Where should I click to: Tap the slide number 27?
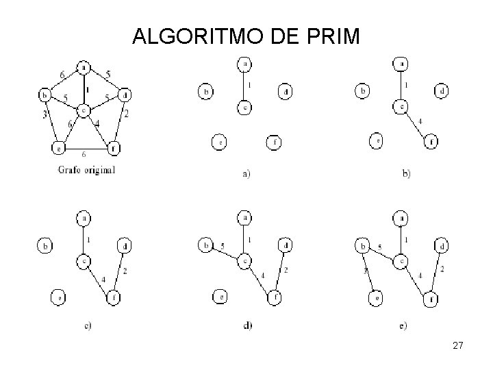tap(458, 347)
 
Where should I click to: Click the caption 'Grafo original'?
tap(87, 169)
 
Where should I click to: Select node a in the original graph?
tap(83, 67)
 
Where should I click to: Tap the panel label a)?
tap(246, 174)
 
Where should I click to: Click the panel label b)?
tap(406, 174)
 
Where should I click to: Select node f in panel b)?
tap(431, 142)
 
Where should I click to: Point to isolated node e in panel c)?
tap(59, 297)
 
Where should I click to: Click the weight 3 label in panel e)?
tap(366, 272)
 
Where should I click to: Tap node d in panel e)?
tap(444, 245)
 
